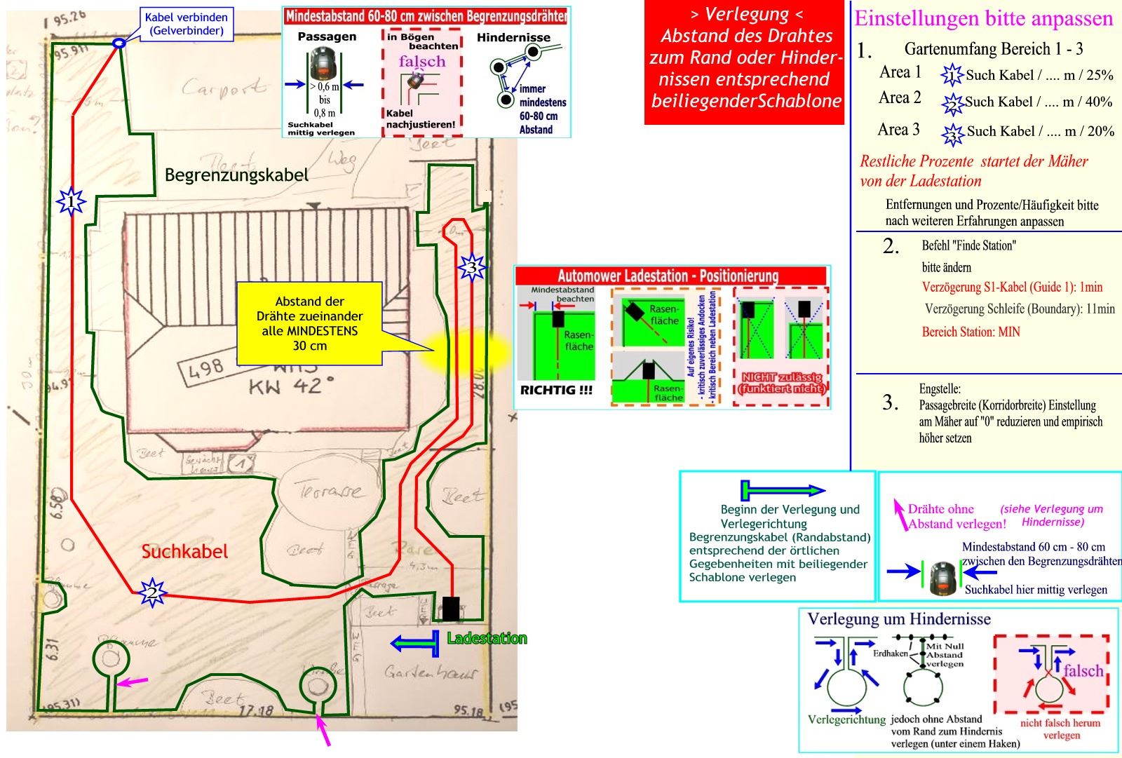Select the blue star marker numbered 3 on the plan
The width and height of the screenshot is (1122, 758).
[472, 267]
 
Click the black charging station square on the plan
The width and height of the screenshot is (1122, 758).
[451, 608]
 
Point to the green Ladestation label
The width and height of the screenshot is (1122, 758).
[487, 638]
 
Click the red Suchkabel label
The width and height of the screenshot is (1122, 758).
[184, 552]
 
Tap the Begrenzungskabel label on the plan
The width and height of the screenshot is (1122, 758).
[236, 175]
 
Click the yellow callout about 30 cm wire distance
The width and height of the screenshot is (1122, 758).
[309, 323]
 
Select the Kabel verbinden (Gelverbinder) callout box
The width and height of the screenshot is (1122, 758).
[186, 23]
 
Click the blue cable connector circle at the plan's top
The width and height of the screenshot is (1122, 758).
[119, 43]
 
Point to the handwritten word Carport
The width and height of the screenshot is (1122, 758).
[224, 88]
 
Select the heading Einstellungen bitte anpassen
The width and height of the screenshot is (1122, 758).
[984, 18]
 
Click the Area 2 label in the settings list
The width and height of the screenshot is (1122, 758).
[900, 98]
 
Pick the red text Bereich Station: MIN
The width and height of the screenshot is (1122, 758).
[971, 332]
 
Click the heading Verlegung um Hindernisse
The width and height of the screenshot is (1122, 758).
[899, 619]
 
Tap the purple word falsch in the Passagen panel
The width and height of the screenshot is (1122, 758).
[422, 62]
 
